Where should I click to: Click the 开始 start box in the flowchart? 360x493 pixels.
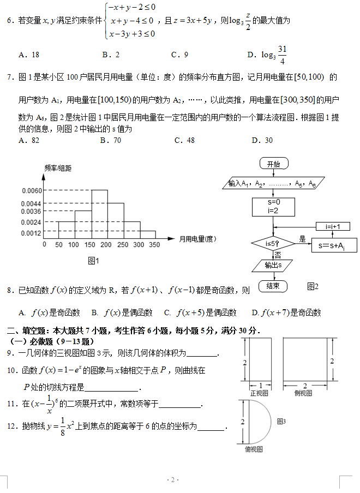point(274,164)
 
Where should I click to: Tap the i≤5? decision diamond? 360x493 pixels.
point(273,243)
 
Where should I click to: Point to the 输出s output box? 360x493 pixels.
point(273,266)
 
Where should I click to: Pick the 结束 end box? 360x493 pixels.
point(273,286)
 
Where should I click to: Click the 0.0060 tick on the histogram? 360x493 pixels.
point(32,190)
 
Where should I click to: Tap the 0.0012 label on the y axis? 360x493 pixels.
point(32,233)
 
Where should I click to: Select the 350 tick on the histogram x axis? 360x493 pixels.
point(155,245)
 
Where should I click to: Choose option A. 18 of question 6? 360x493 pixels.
point(29,55)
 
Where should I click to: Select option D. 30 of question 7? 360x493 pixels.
point(262,140)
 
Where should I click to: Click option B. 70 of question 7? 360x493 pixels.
point(111,140)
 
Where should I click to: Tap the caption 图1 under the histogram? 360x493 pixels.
point(93,261)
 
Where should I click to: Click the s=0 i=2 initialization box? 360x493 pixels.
point(273,206)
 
